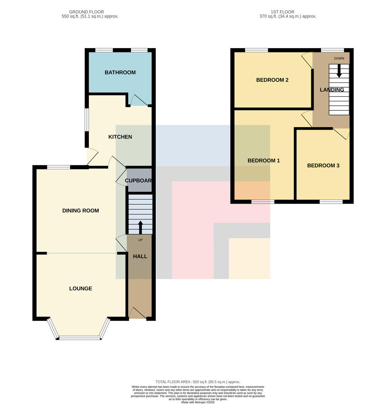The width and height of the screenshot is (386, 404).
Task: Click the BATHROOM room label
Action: pyautogui.click(x=120, y=72)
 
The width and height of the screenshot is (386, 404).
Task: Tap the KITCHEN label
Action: pyautogui.click(x=120, y=137)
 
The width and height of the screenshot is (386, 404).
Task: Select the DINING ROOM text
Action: pyautogui.click(x=80, y=210)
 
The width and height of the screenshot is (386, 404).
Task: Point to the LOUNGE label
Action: pyautogui.click(x=80, y=289)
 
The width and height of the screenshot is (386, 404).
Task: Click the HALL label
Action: pyautogui.click(x=140, y=257)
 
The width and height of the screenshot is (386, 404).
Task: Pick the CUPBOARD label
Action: pyautogui.click(x=138, y=180)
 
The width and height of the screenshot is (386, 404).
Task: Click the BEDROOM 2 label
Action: pyautogui.click(x=272, y=80)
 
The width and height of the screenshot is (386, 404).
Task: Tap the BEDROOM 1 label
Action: pyautogui.click(x=264, y=161)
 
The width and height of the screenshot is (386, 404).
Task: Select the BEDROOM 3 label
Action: pyautogui.click(x=323, y=165)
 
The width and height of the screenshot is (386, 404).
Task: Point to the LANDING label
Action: pyautogui.click(x=331, y=90)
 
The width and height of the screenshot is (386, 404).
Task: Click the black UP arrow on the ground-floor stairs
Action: pyautogui.click(x=140, y=227)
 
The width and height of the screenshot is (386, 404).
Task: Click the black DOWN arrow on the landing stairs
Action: pyautogui.click(x=339, y=71)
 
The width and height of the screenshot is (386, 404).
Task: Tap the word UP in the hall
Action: pyautogui.click(x=140, y=240)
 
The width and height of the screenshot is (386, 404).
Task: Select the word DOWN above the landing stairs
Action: pyautogui.click(x=339, y=59)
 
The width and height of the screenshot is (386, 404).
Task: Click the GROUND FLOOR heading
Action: pyautogui.click(x=86, y=12)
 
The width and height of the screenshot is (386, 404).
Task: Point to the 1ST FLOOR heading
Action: pyautogui.click(x=282, y=12)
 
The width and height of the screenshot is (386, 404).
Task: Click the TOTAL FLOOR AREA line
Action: pyautogui.click(x=198, y=382)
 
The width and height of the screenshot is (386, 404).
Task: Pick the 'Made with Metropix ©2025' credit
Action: pyautogui.click(x=198, y=402)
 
